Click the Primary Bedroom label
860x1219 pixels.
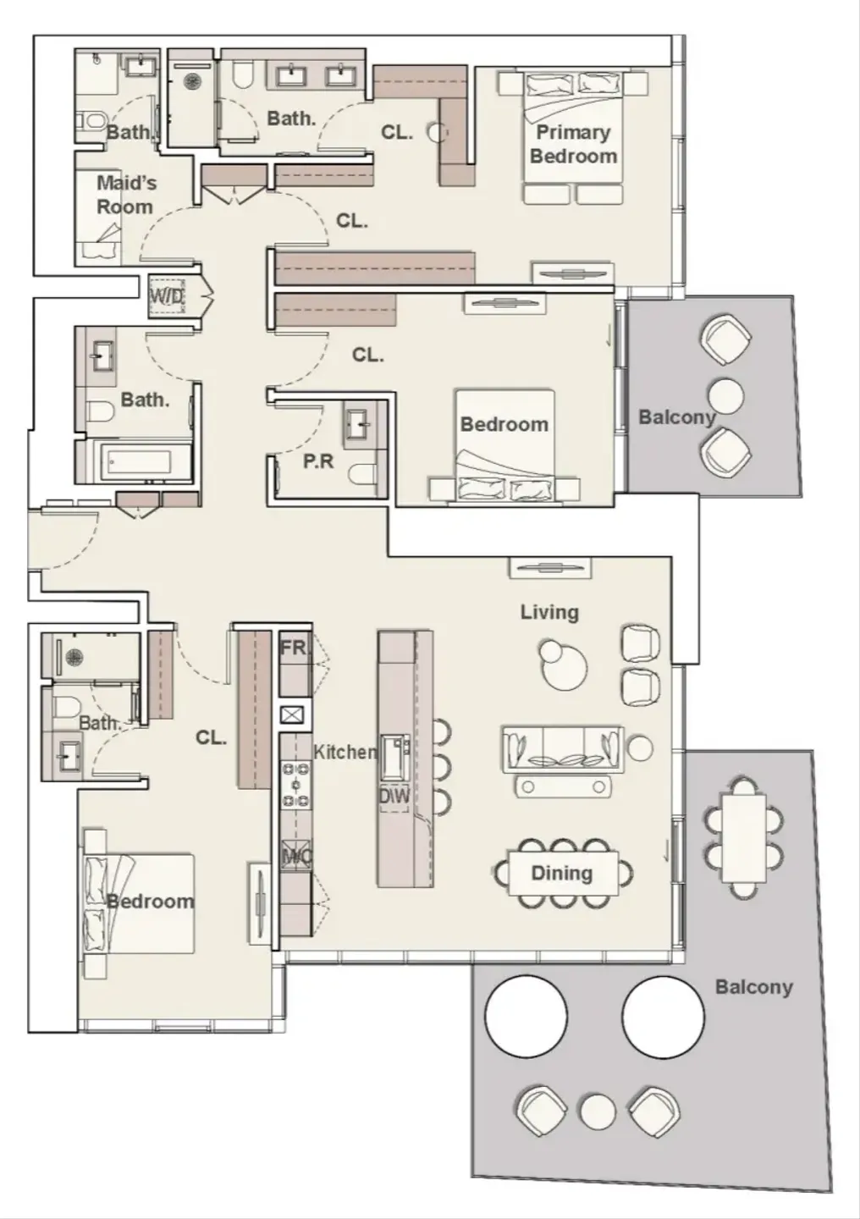574,144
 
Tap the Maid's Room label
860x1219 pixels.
126,195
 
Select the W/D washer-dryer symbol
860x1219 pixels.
168,295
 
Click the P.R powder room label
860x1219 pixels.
318,461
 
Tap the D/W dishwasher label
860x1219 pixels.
394,797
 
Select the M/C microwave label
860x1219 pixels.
296,857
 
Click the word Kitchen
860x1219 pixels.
345,752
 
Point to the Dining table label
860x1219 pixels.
562,873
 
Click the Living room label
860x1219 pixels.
549,612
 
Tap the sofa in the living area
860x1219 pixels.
564,749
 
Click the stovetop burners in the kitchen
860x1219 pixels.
296,784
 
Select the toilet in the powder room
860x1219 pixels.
362,475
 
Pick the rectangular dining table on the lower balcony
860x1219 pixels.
744,838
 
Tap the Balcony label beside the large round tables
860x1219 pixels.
754,987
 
